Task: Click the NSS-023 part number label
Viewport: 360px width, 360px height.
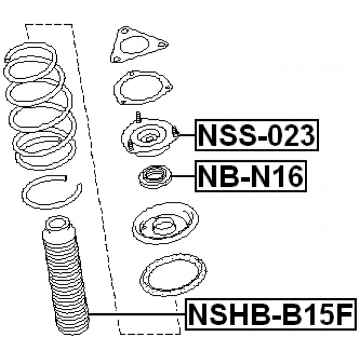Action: tap(256, 135)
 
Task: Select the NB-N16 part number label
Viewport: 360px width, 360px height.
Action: tap(251, 176)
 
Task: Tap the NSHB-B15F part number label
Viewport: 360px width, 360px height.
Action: tap(271, 314)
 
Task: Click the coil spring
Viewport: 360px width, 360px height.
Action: tap(40, 106)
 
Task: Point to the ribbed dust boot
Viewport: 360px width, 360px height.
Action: tap(65, 276)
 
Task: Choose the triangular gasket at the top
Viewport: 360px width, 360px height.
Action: tap(139, 45)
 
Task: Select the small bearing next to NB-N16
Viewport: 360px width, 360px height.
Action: tap(155, 177)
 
